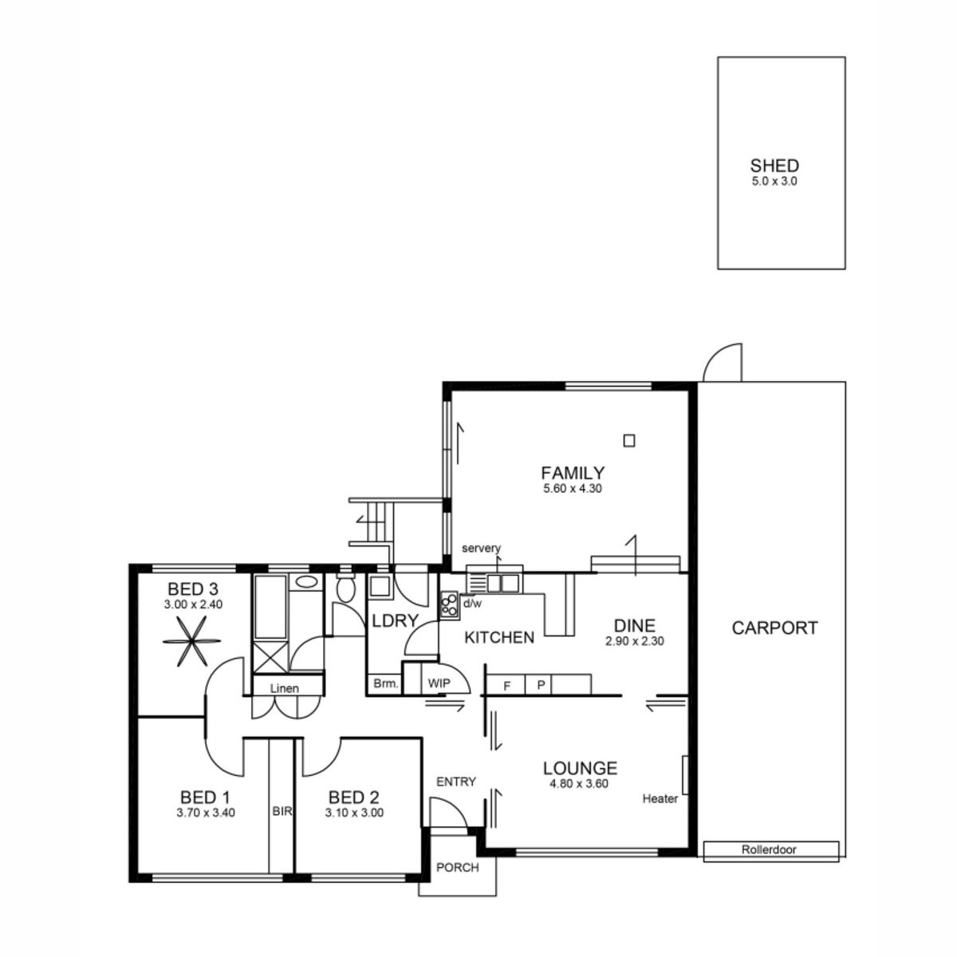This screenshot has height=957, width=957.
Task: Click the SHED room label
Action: pyautogui.click(x=774, y=166)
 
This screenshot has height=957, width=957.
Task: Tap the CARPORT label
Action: pyautogui.click(x=774, y=628)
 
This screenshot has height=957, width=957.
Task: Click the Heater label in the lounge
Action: pyautogui.click(x=660, y=798)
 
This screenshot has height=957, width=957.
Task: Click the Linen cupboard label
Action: pyautogui.click(x=284, y=687)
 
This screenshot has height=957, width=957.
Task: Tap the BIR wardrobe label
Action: pyautogui.click(x=282, y=812)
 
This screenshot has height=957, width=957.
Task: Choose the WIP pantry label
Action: pyautogui.click(x=439, y=683)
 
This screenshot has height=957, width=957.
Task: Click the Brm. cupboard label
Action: pyautogui.click(x=385, y=683)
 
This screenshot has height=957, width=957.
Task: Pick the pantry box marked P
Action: pyautogui.click(x=540, y=685)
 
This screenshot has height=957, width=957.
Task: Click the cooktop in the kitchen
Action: pyautogui.click(x=449, y=605)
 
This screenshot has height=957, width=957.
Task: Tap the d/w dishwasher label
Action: pyautogui.click(x=473, y=604)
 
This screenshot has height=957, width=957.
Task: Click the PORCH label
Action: pyautogui.click(x=458, y=867)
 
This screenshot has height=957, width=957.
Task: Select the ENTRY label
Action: pyautogui.click(x=455, y=782)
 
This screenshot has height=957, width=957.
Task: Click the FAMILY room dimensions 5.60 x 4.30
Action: pyautogui.click(x=572, y=489)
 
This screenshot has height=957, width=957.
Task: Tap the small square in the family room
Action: pyautogui.click(x=629, y=439)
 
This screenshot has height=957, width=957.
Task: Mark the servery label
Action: pyautogui.click(x=481, y=548)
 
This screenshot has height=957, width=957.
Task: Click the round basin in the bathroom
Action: pyautogui.click(x=305, y=582)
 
